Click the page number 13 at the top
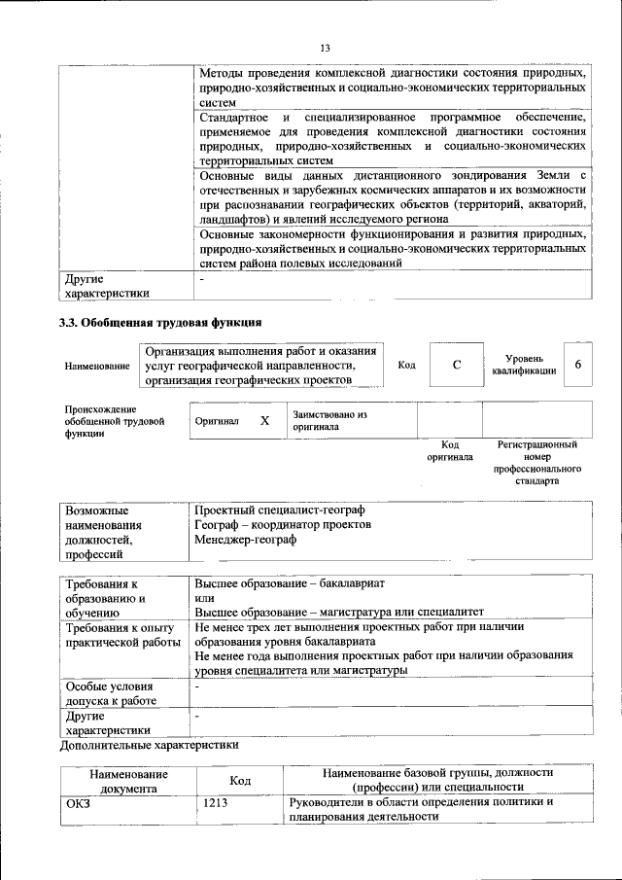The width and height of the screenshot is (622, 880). click(x=326, y=49)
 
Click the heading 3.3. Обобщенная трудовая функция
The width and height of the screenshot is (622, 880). click(x=160, y=322)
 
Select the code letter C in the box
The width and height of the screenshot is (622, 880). click(x=456, y=365)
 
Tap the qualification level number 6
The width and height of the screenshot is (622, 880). click(x=578, y=365)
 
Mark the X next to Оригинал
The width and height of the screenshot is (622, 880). click(x=263, y=421)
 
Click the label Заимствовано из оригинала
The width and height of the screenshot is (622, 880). click(x=328, y=420)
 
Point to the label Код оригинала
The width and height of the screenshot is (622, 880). click(x=449, y=450)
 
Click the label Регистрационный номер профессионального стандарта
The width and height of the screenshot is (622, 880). click(x=536, y=462)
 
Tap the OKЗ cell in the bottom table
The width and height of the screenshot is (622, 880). click(x=78, y=802)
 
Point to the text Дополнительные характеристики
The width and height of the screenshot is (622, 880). click(x=148, y=746)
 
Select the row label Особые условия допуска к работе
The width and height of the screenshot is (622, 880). click(x=111, y=692)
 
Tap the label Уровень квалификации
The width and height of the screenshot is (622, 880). click(x=523, y=365)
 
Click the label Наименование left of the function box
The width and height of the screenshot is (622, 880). click(x=96, y=366)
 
